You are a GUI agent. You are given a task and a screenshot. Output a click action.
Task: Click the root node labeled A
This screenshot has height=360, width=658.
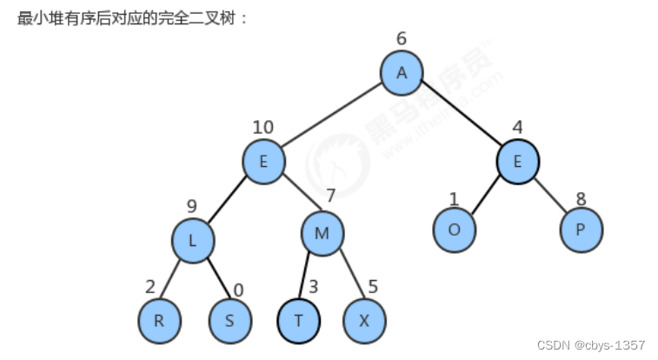pos(402,73)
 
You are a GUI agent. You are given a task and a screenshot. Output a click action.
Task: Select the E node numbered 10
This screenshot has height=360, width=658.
pos(263,162)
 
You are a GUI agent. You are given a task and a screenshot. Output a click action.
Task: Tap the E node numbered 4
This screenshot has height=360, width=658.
pos(519,162)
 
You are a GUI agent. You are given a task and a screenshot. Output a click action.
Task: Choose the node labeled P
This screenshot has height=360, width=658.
pos(581,230)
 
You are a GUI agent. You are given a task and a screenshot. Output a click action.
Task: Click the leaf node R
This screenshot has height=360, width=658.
pos(159,320)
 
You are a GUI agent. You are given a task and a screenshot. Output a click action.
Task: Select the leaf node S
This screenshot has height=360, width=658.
pos(229,320)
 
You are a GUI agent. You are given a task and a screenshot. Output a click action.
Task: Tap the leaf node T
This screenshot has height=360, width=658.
pos(299,320)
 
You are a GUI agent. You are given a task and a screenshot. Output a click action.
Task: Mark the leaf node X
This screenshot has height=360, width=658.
pos(365,320)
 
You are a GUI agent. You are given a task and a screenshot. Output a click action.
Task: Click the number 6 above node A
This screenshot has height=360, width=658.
pos(401,38)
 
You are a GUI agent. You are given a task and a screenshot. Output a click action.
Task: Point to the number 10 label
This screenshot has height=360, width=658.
pos(263,128)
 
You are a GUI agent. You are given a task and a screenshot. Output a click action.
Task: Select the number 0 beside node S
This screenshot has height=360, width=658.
pos(239,290)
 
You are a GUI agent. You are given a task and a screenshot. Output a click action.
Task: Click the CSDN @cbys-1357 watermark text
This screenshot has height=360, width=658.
pos(591,345)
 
